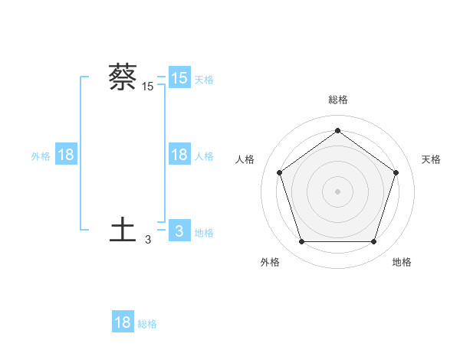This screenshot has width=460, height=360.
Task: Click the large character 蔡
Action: click(123, 77)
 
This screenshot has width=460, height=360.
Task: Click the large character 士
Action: click(123, 230)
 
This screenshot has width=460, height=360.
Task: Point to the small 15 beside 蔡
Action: click(148, 87)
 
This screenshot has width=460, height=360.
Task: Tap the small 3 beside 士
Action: click(148, 240)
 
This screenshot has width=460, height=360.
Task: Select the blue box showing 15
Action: click(179, 78)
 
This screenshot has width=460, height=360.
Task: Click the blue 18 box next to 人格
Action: click(179, 155)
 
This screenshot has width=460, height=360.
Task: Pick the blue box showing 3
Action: click(179, 231)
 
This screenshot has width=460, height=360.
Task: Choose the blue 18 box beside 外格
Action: click(66, 155)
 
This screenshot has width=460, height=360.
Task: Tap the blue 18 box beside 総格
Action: click(123, 322)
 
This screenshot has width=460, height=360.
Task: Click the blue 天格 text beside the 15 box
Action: click(204, 79)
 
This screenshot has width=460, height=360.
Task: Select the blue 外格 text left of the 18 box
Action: click(41, 155)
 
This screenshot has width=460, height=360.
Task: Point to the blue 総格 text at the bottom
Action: click(147, 324)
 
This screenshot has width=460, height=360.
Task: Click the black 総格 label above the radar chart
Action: click(337, 100)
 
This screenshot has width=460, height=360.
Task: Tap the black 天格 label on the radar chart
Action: click(431, 159)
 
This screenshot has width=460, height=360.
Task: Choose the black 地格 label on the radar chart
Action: click(402, 262)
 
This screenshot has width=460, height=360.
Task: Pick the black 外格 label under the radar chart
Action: click(270, 262)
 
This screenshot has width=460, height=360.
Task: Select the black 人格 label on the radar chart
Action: click(245, 159)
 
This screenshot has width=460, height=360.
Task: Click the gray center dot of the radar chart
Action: click(337, 191)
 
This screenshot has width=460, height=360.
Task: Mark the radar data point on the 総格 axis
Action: click(337, 130)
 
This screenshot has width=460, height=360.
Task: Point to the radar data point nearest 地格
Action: click(373, 241)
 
